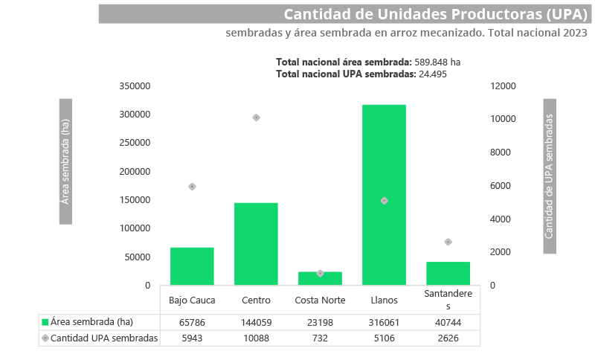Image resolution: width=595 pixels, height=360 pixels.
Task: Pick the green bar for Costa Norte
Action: [320, 280]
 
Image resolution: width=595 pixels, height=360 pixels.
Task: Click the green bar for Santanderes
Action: [448, 273]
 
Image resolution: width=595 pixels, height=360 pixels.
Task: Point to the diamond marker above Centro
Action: [256, 118]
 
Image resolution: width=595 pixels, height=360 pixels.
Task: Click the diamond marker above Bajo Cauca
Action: [192, 187]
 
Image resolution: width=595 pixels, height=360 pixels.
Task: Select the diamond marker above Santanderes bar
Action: [448, 242]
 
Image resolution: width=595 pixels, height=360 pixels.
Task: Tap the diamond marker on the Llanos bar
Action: [384, 201]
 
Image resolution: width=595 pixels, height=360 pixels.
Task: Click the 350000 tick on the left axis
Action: [135, 86]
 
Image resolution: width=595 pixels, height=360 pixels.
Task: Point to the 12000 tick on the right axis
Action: [504, 86]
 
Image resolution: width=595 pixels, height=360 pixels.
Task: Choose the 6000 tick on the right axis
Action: [501, 186]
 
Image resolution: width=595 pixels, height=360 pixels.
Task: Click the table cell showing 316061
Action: [384, 323]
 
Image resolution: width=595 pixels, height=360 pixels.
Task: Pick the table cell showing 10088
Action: [256, 338]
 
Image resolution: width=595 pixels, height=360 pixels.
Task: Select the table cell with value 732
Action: [320, 338]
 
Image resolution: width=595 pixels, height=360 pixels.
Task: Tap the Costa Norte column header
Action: [320, 300]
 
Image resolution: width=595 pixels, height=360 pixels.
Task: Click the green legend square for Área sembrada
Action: [45, 323]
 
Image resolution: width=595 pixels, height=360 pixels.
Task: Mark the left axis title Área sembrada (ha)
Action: [65, 161]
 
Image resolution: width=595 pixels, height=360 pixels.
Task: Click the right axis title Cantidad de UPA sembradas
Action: [550, 176]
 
